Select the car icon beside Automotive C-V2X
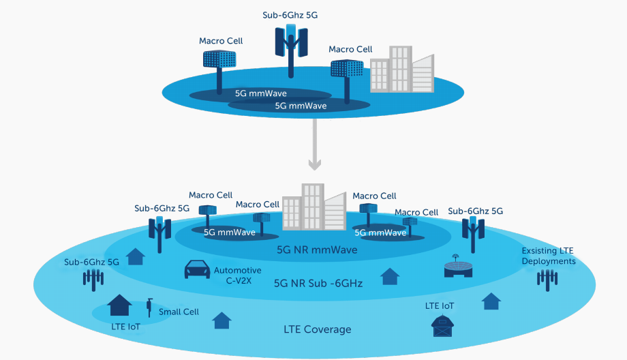(196, 270)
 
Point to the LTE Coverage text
(317, 330)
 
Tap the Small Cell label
(179, 312)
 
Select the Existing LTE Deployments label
(549, 256)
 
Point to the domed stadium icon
(457, 267)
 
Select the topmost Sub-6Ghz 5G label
(290, 14)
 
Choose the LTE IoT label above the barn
(440, 306)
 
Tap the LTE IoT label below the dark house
(125, 327)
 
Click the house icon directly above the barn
(491, 301)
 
